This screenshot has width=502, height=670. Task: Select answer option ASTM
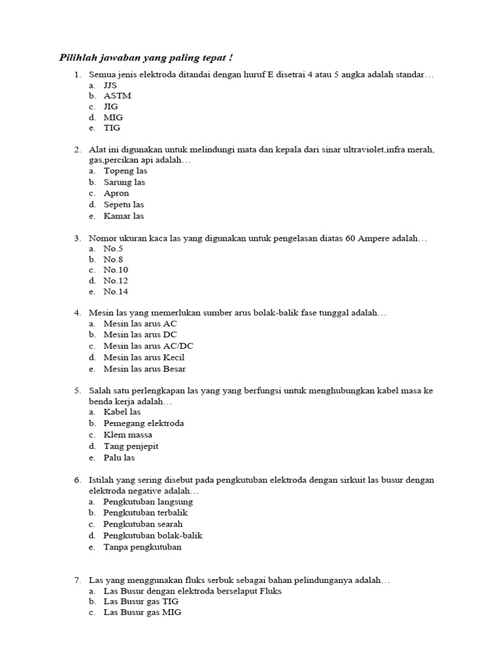coord(117,96)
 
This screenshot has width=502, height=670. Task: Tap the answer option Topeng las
coord(125,171)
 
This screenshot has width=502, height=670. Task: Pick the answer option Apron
coord(116,193)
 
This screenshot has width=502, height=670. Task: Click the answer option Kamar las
coord(124,216)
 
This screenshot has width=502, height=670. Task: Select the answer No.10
coord(116,270)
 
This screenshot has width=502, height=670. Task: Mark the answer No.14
coord(116,292)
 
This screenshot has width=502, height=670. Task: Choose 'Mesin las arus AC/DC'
coord(148,345)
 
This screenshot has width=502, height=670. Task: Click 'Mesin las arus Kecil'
coord(144,357)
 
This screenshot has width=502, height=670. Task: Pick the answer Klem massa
coord(127,434)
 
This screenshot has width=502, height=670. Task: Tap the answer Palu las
coord(119,457)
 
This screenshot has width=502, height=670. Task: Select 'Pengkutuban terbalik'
coord(145,512)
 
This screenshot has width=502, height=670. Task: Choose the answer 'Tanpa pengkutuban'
coord(142,546)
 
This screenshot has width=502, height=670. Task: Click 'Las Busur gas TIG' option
coord(141,601)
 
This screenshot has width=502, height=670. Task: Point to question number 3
coord(77,239)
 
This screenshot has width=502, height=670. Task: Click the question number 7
coord(77,580)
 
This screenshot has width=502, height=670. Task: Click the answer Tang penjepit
coord(131,446)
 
